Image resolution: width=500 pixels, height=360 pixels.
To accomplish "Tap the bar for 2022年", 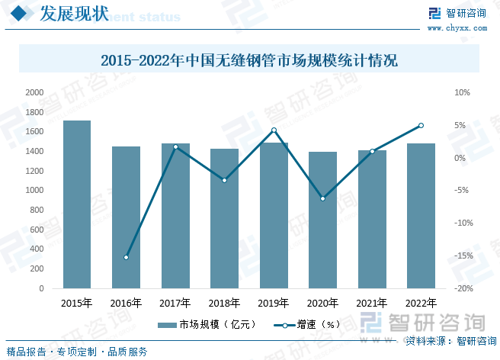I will point(421,216).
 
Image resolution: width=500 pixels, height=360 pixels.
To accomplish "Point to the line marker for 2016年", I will point(126,257).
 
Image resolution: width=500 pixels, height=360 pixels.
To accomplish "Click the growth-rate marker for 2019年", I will point(274,130).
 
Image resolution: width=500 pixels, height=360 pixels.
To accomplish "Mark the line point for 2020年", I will point(322,198).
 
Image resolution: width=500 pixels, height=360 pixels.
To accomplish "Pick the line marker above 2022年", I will point(421,126).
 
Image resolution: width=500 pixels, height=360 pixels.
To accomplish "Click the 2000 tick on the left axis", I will point(35,92).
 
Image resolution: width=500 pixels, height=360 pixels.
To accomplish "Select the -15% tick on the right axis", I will point(464,256).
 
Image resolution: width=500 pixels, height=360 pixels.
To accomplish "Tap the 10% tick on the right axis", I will point(463,92).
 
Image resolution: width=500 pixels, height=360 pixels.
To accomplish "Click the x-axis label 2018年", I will point(224,303).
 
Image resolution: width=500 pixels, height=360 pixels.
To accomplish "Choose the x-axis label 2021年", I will point(372,303).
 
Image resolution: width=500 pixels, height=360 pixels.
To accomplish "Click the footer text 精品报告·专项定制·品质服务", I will point(77,352).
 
